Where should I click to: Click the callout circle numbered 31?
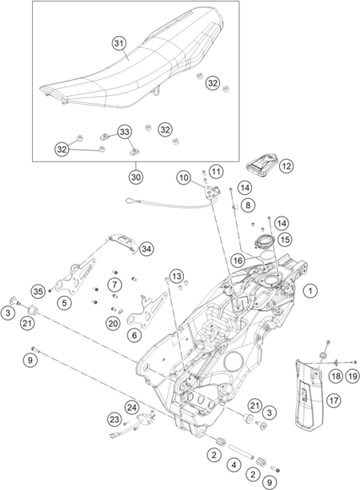[x=119, y=43]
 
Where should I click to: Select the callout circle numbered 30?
[x=136, y=177]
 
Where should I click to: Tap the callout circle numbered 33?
[x=125, y=132]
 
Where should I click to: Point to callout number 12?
[x=286, y=166]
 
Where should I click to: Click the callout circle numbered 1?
[x=310, y=291]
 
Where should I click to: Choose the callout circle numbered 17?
[x=334, y=400]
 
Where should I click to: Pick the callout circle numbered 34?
[x=146, y=249]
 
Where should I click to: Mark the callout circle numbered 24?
[x=132, y=408]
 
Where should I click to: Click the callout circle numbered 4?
[x=234, y=465]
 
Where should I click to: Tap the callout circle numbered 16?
[x=238, y=260]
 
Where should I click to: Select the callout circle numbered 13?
[x=177, y=277]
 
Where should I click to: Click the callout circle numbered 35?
[x=38, y=292]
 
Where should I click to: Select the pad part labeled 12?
[x=262, y=163]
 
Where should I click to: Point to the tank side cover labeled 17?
[x=309, y=395]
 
